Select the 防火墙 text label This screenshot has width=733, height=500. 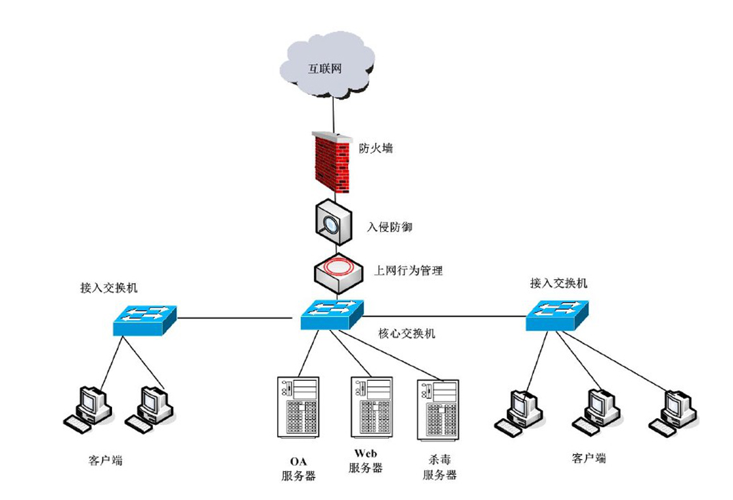[x=376, y=148]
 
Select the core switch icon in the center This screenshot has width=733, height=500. [x=331, y=314]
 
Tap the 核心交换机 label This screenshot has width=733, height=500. [x=407, y=334]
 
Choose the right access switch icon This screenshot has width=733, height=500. [x=557, y=316]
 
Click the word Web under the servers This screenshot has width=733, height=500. [x=366, y=453]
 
